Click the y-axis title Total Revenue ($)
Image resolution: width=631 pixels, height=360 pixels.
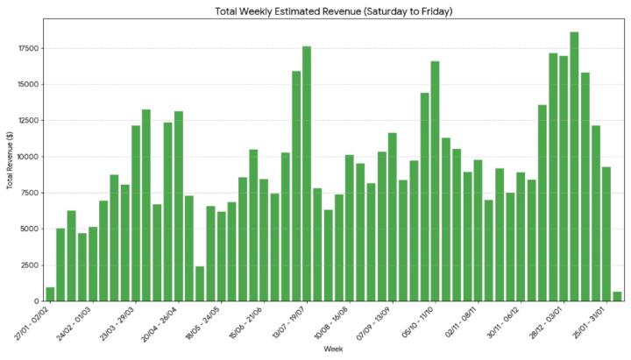(11, 160)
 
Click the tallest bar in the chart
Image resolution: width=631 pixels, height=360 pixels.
(574, 166)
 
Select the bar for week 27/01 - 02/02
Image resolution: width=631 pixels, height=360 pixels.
(50, 294)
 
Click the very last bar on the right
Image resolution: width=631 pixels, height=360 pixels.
(617, 297)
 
